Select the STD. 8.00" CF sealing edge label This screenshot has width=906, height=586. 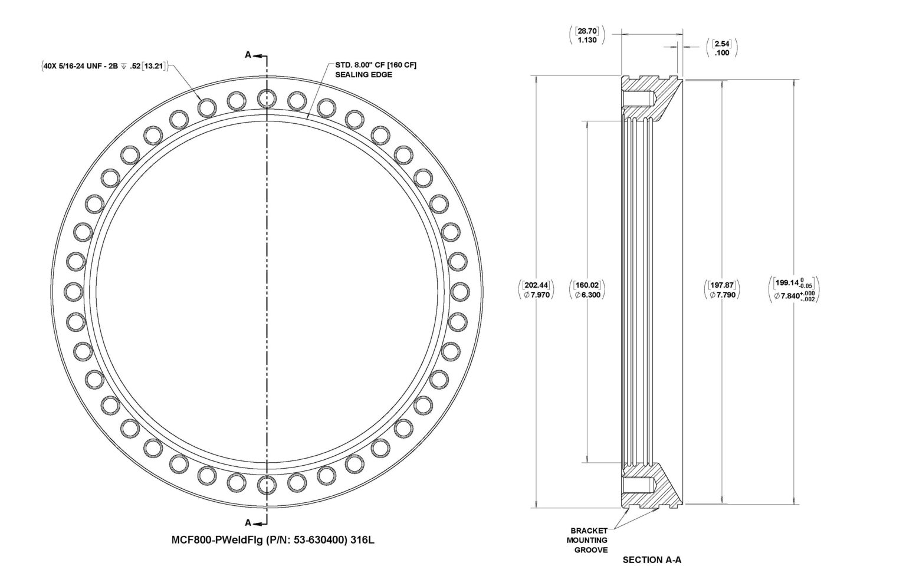coord(376,70)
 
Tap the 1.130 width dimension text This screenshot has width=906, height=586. coord(587,40)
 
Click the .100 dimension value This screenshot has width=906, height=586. coord(722,52)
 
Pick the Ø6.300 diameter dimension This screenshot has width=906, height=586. coord(587,295)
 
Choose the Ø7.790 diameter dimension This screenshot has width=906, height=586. coord(723,295)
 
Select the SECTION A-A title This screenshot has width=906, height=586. coord(652,560)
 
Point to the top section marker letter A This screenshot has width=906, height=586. coord(248,55)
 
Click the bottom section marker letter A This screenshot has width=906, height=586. coord(248,522)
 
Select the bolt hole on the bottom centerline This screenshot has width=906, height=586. coord(267,485)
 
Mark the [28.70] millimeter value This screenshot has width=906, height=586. coord(587,31)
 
